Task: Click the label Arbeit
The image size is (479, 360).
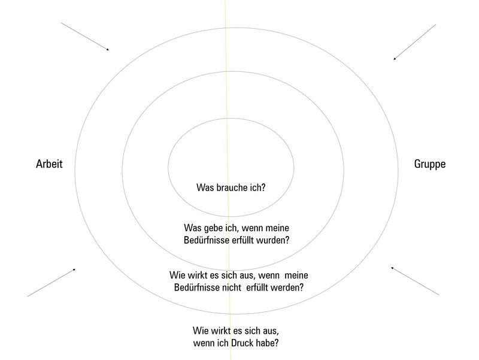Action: click(x=49, y=164)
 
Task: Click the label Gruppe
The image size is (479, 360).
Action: click(x=430, y=164)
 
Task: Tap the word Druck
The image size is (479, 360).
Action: click(x=242, y=343)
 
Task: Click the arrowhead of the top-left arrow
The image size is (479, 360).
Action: click(x=108, y=49)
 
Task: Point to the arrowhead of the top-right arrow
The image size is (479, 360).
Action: click(x=395, y=58)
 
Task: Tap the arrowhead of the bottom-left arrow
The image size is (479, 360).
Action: click(x=74, y=270)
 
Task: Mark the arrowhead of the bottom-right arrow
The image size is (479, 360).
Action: click(x=393, y=268)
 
